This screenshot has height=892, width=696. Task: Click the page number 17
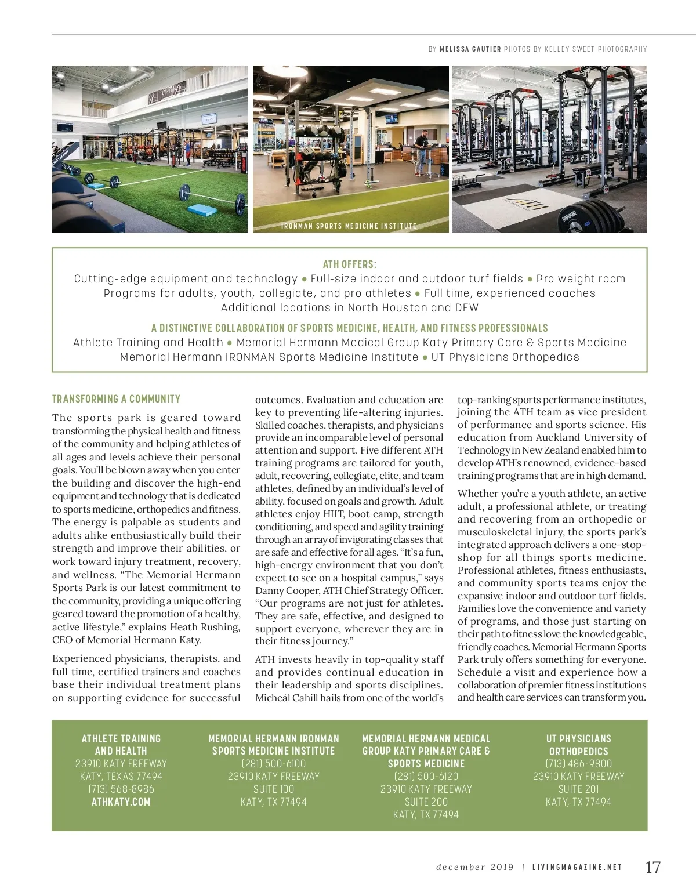(652, 867)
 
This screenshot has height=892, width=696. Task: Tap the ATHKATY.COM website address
(121, 802)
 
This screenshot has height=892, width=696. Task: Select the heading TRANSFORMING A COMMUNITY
(116, 399)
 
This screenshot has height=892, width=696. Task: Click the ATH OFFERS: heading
(349, 264)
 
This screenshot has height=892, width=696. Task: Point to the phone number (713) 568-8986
(121, 789)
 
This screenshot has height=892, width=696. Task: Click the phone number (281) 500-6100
(274, 764)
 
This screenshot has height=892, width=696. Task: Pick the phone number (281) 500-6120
(426, 777)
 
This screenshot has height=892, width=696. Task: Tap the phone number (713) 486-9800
(578, 764)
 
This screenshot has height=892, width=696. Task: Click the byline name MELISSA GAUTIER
(470, 49)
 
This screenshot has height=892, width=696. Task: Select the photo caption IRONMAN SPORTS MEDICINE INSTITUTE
(349, 226)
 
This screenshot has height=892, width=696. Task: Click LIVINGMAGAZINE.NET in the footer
(577, 868)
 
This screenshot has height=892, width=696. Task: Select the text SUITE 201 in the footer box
(578, 789)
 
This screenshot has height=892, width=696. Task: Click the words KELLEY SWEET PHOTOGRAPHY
(595, 49)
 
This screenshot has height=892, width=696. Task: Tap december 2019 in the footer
(475, 868)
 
